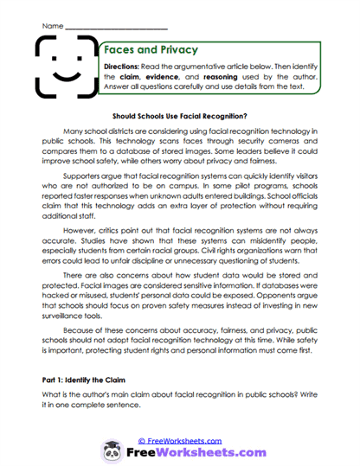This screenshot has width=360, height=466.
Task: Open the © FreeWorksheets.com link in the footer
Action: click(179, 440)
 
